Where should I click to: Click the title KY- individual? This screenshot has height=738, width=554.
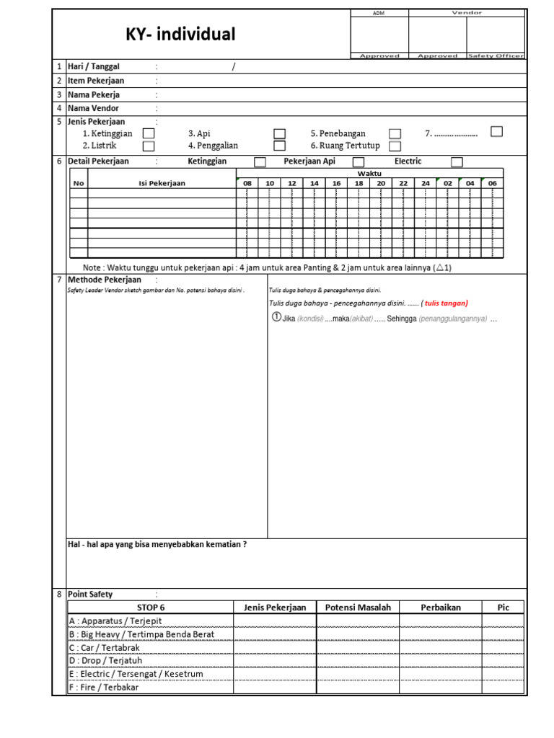[x=181, y=35]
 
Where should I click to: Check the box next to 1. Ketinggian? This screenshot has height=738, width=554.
[x=148, y=133]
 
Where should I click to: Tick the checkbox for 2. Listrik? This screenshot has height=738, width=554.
[x=148, y=146]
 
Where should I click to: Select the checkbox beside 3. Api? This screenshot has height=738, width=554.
[x=279, y=133]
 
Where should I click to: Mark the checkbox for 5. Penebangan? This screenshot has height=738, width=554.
[x=395, y=133]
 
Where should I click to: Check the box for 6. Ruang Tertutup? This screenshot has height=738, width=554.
[x=395, y=146]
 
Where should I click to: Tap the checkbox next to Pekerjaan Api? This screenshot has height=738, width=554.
[x=358, y=161]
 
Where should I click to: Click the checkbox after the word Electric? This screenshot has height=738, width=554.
[x=457, y=161]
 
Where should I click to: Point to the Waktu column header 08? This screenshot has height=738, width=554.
[x=247, y=183]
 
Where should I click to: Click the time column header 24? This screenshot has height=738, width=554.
[x=426, y=183]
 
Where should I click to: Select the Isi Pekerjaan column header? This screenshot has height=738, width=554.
[x=162, y=183]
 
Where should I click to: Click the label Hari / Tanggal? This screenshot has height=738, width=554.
[x=94, y=67]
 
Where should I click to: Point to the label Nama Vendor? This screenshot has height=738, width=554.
[x=93, y=108]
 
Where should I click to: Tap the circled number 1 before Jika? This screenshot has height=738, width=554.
[x=276, y=317]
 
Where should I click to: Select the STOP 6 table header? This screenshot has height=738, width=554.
[x=150, y=607]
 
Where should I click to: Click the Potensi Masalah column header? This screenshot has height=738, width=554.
[x=358, y=607]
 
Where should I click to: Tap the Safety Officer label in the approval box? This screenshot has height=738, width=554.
[x=496, y=55]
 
